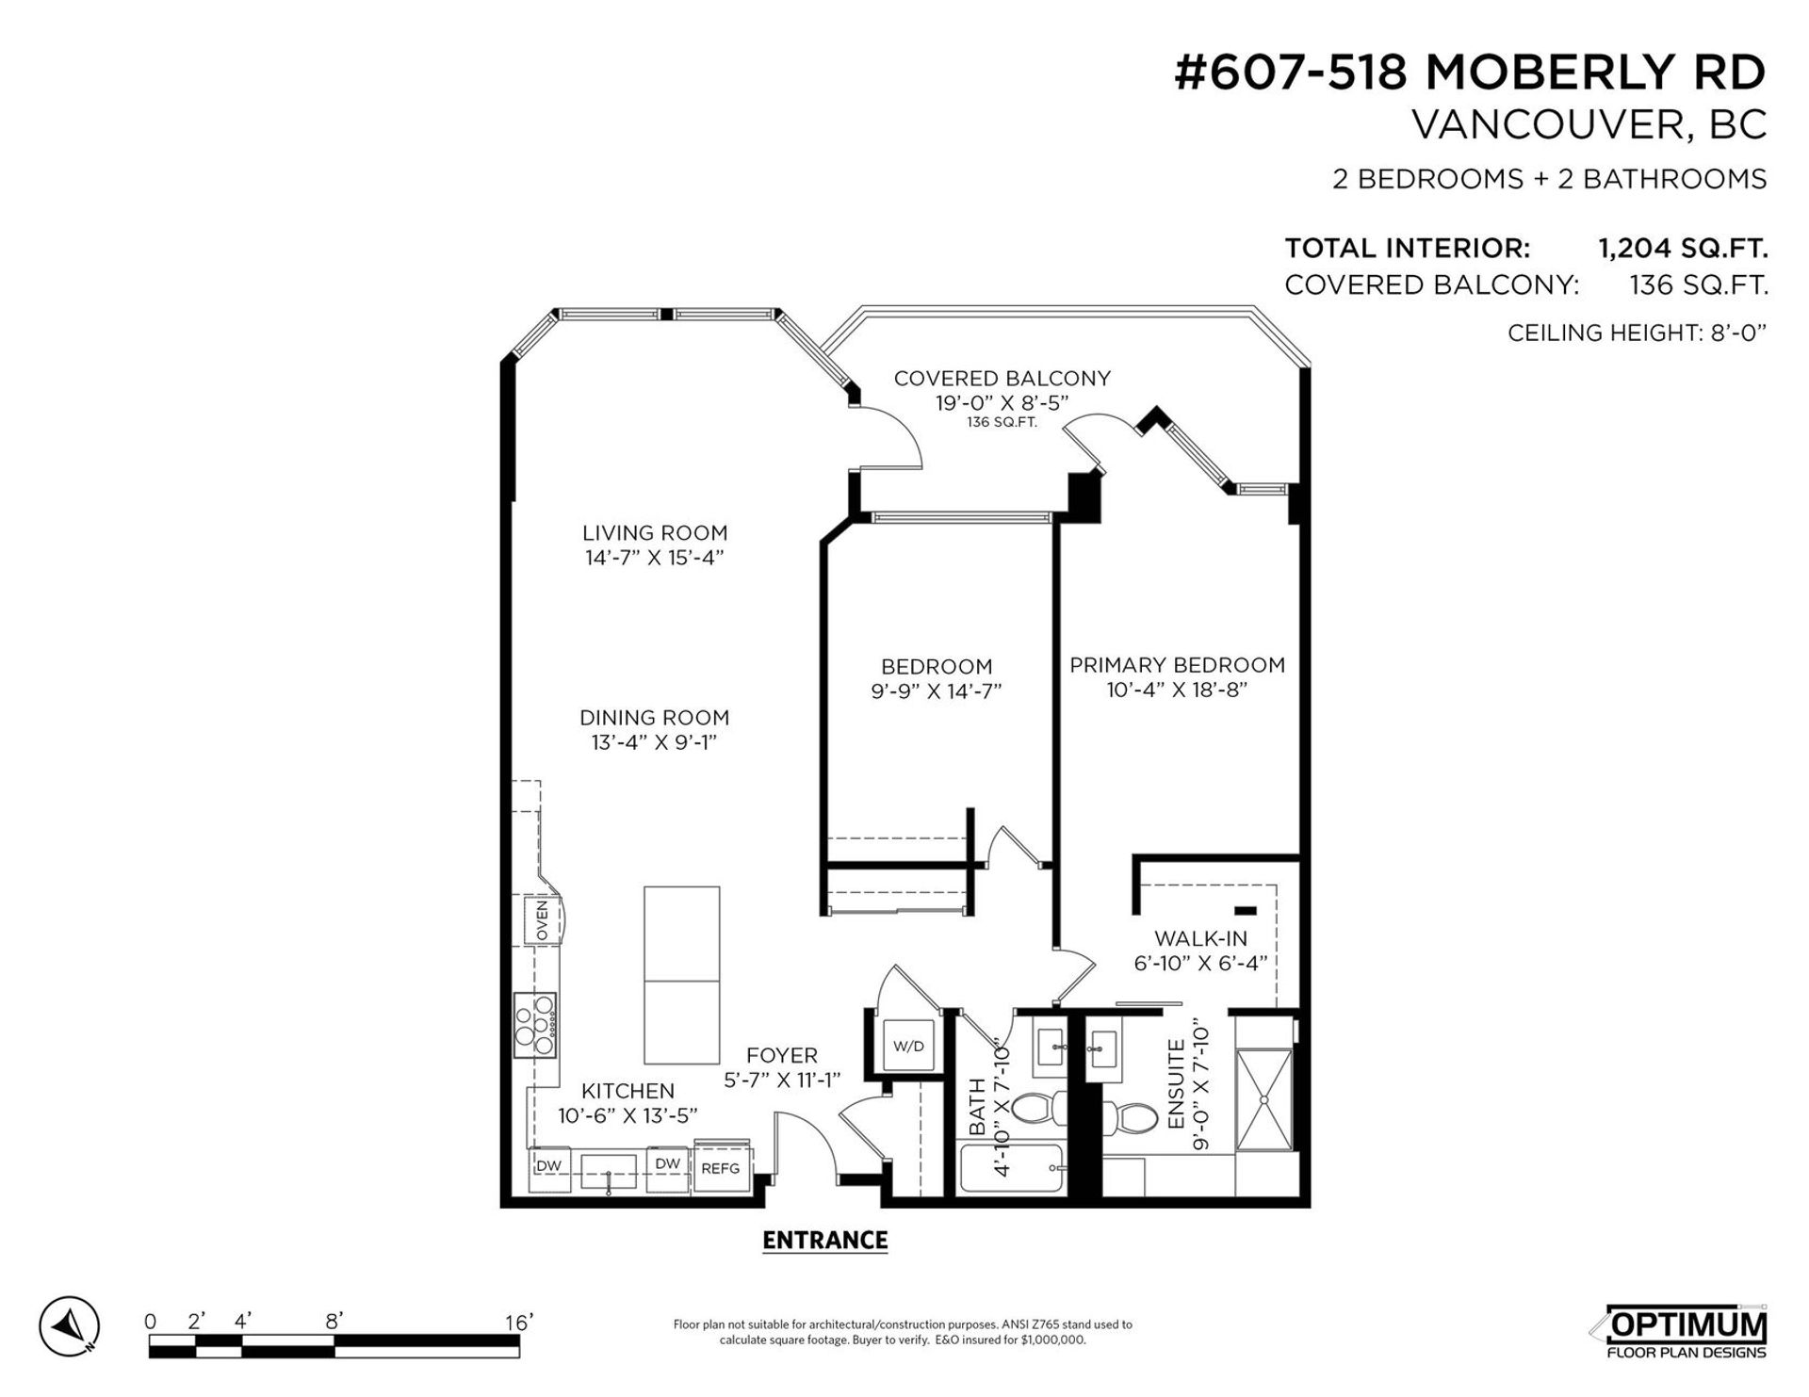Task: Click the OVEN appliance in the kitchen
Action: tap(542, 921)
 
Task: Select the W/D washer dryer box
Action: tap(908, 1046)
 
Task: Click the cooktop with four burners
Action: tap(535, 1025)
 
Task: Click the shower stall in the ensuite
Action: tap(1264, 1098)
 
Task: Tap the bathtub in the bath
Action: tap(1012, 1169)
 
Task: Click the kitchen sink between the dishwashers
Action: tap(609, 1171)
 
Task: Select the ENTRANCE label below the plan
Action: tap(824, 1241)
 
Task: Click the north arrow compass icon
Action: tap(69, 1325)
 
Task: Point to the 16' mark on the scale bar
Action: tap(518, 1322)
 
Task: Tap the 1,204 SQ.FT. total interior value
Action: tap(1682, 249)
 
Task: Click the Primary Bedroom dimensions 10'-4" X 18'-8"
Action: tap(1177, 690)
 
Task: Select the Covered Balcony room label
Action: tap(1002, 379)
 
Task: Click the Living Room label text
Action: tap(654, 533)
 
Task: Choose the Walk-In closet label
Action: tap(1200, 938)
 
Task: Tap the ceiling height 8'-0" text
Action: tap(1636, 333)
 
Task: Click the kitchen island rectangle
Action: tap(681, 974)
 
